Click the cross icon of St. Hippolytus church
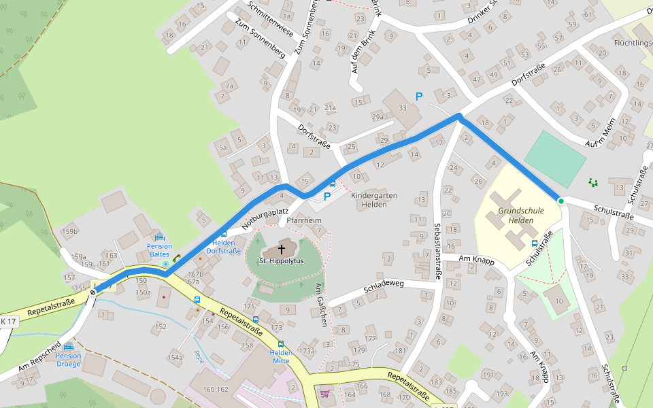pyautogui.click(x=281, y=249)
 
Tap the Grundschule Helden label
pyautogui.click(x=521, y=216)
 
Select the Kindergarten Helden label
pyautogui.click(x=373, y=200)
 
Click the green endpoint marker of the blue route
pyautogui.click(x=560, y=201)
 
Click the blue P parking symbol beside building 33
pyautogui.click(x=419, y=97)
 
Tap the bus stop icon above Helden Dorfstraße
pyautogui.click(x=224, y=235)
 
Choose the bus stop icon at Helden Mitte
pyautogui.click(x=281, y=344)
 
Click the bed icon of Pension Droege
pyautogui.click(x=68, y=347)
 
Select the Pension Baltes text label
pyautogui.click(x=160, y=250)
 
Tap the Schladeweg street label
pyautogui.click(x=384, y=286)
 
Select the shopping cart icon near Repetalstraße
pyautogui.click(x=325, y=394)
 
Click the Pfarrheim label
pyautogui.click(x=303, y=221)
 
